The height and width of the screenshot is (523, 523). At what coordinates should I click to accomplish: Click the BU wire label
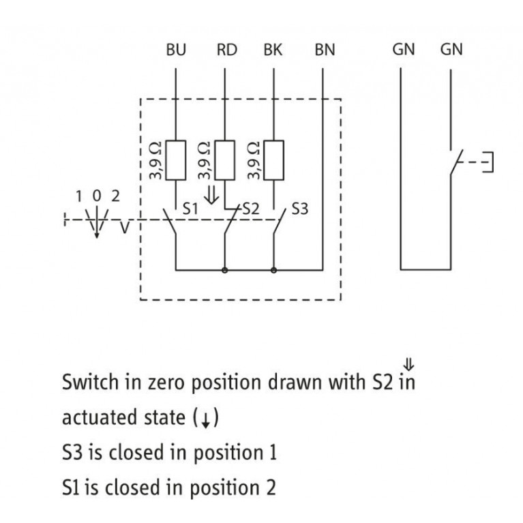click(176, 50)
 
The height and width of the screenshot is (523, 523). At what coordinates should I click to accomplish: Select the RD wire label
click(226, 50)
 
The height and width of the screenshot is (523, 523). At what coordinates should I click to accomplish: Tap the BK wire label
click(273, 50)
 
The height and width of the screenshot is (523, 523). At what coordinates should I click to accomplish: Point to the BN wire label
click(325, 50)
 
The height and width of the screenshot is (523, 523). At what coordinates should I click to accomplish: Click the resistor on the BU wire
click(177, 161)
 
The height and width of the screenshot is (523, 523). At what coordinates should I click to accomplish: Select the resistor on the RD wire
click(226, 161)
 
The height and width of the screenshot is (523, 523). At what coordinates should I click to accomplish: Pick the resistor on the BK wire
click(274, 161)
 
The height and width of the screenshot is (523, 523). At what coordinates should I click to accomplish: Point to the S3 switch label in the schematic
click(299, 209)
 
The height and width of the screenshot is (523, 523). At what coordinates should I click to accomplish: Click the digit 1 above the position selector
click(79, 196)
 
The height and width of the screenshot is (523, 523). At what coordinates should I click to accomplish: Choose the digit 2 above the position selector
click(115, 196)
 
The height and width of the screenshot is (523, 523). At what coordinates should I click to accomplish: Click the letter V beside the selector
click(123, 228)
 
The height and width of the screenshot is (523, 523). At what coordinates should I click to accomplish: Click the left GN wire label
click(402, 50)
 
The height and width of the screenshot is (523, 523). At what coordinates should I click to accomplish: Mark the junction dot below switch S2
click(225, 270)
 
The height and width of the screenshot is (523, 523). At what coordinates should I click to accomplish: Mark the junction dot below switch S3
click(274, 270)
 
